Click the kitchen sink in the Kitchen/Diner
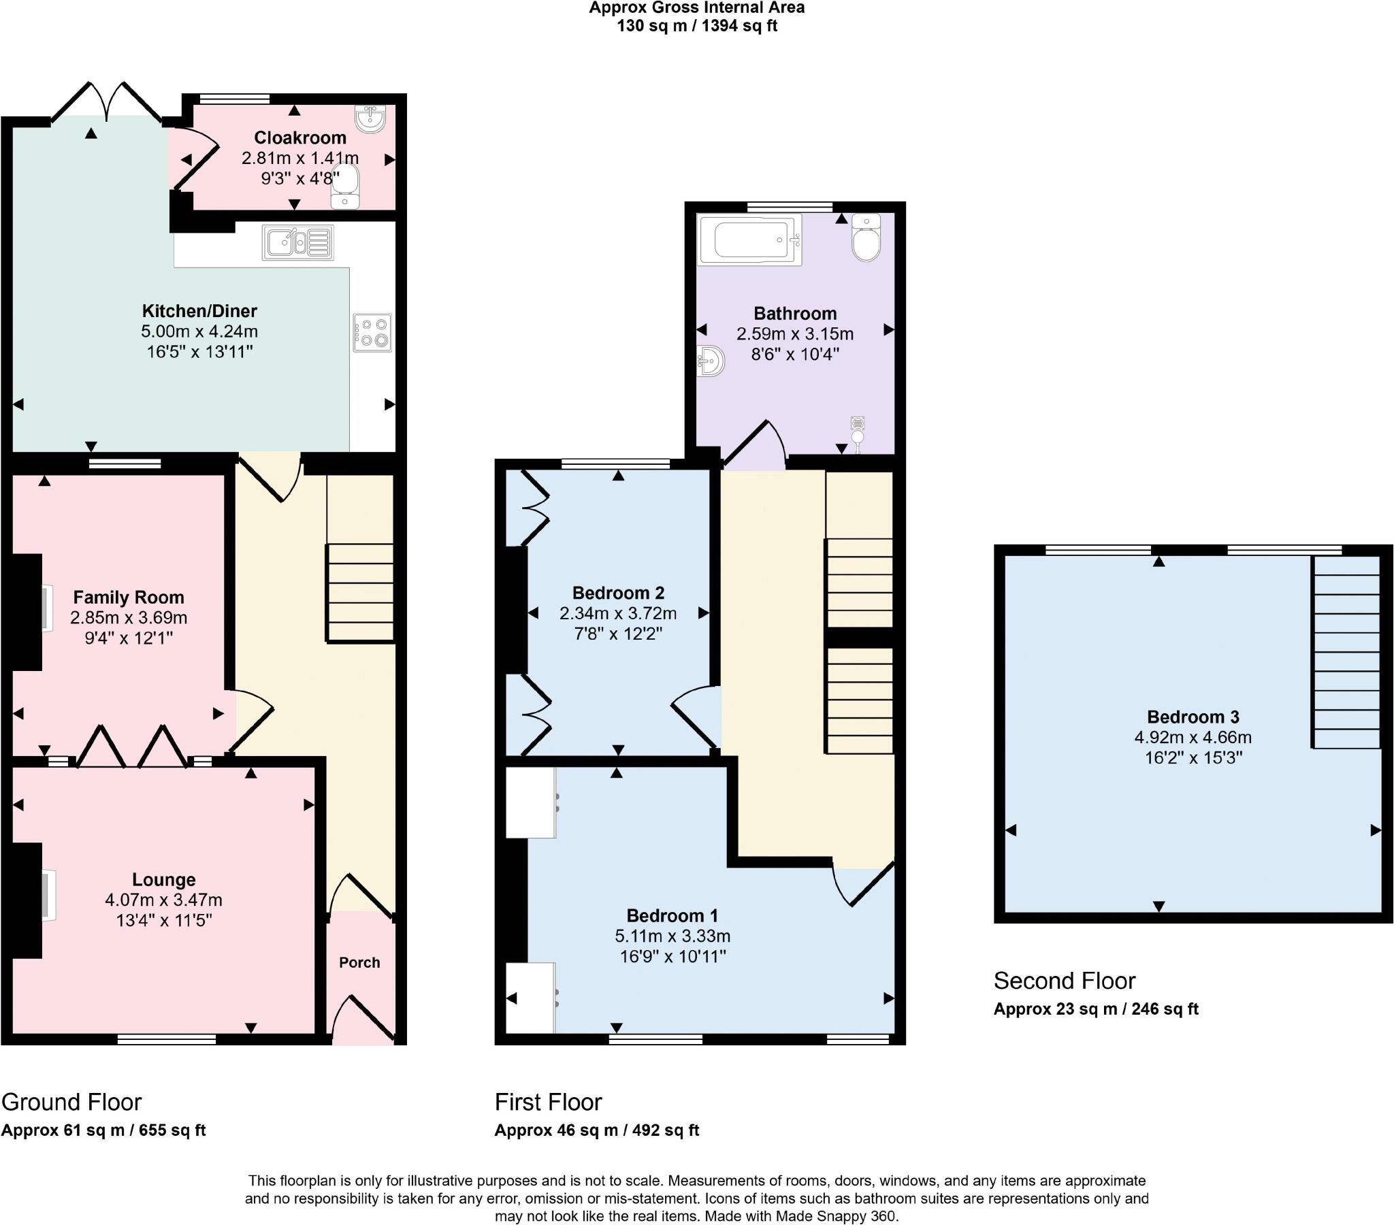(x=298, y=242)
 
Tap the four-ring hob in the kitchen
(x=372, y=333)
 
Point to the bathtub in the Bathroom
(x=749, y=240)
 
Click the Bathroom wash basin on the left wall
(x=711, y=360)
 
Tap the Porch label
(x=359, y=962)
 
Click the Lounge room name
(x=163, y=879)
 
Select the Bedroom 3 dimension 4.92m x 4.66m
(x=1193, y=737)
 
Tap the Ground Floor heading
(x=71, y=1102)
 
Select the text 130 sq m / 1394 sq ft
(x=697, y=26)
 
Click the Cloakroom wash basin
(x=370, y=118)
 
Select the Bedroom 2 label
(x=618, y=593)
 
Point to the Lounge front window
(x=166, y=1039)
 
